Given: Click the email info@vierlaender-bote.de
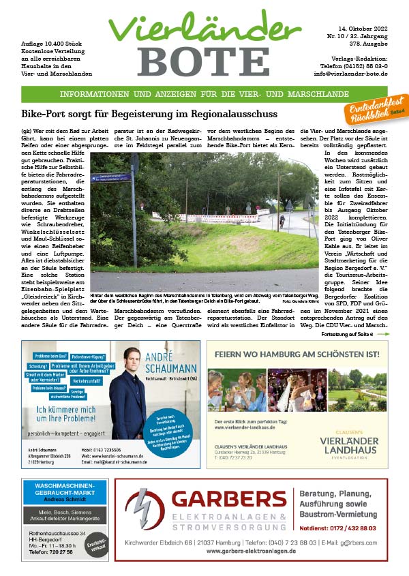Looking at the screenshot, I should (x=350, y=73).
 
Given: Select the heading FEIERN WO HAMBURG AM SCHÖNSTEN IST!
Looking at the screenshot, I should (x=297, y=354).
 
